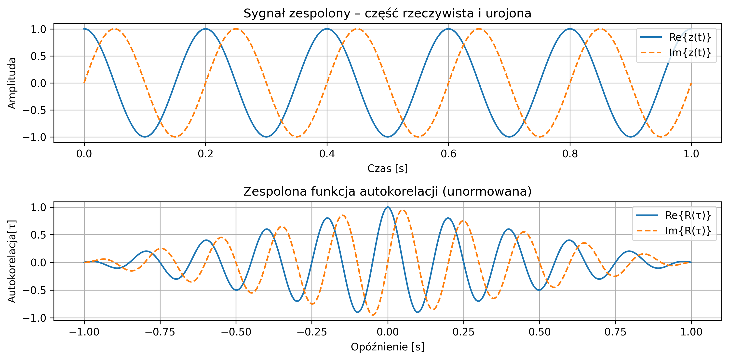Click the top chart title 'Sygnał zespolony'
click(x=387, y=13)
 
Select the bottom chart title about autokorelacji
click(x=387, y=192)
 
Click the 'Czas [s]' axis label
click(x=387, y=168)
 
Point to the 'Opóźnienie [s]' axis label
click(x=387, y=347)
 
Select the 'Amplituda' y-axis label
click(x=12, y=83)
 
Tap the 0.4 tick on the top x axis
click(x=327, y=154)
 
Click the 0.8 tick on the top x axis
click(x=570, y=154)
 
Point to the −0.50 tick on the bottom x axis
click(x=236, y=332)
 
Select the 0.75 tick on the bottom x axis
click(x=616, y=332)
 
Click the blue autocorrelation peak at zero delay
click(x=388, y=207)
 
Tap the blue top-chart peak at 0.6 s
click(x=448, y=29)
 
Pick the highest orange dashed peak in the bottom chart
click(x=403, y=210)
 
